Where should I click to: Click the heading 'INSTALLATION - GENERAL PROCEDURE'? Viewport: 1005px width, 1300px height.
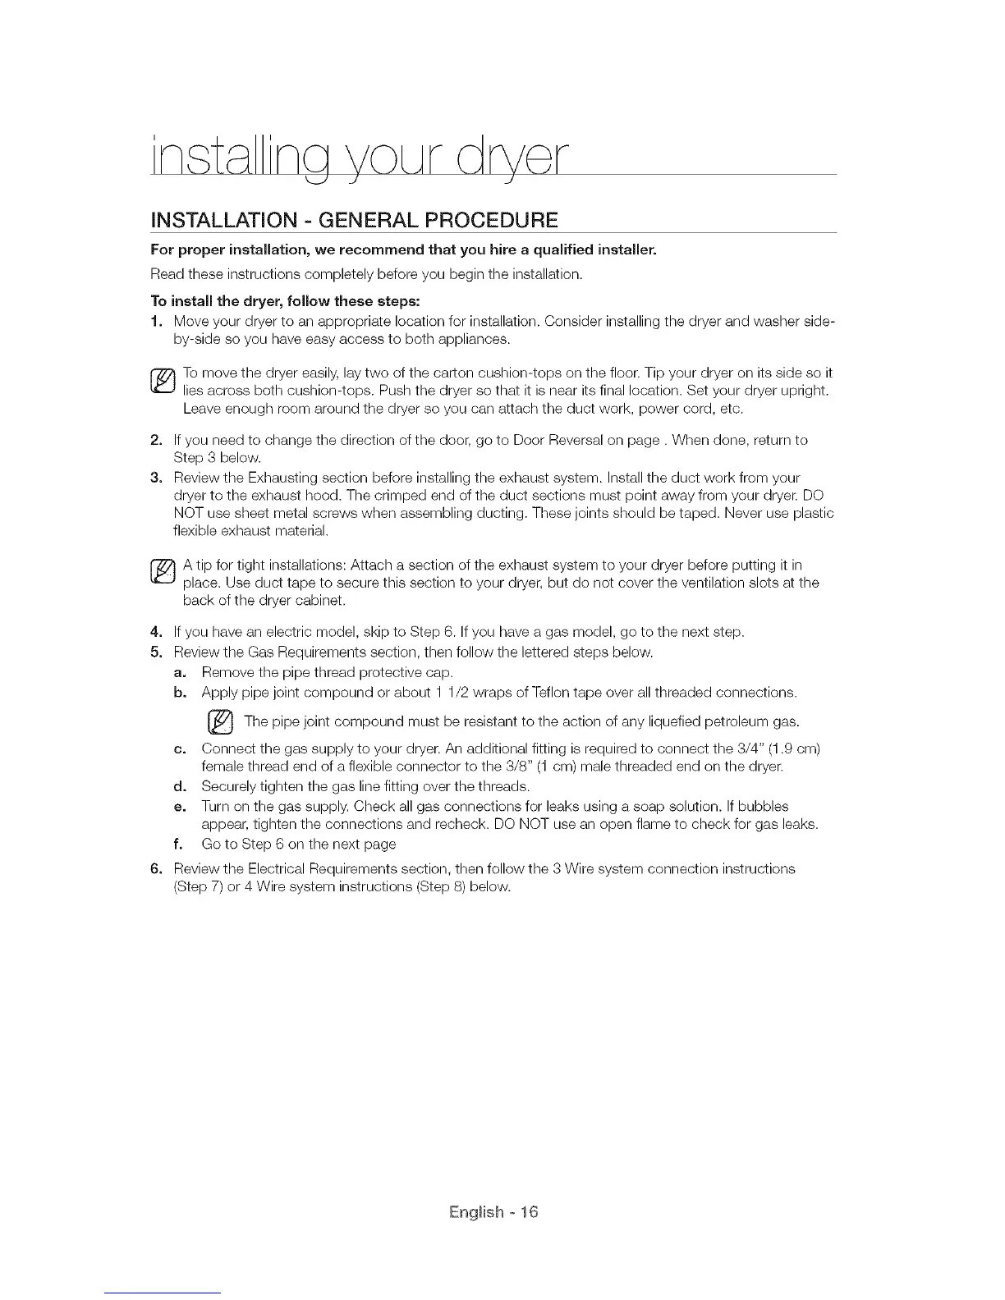(355, 220)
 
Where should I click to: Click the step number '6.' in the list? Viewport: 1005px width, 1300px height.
(158, 867)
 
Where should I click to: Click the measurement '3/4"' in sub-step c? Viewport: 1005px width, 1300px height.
(754, 749)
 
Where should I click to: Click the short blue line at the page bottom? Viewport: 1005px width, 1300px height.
(163, 1293)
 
